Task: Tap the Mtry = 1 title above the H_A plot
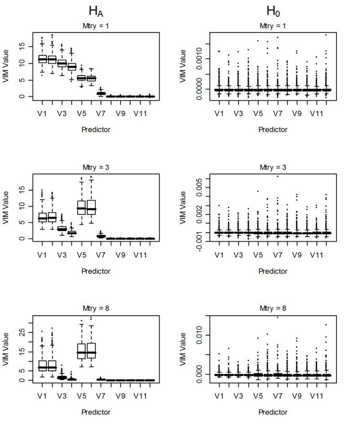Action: pyautogui.click(x=95, y=25)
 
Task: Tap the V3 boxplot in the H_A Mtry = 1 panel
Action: pyautogui.click(x=62, y=64)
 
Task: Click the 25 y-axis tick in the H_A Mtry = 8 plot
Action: pyautogui.click(x=23, y=332)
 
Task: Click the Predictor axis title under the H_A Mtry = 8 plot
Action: pyautogui.click(x=95, y=412)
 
